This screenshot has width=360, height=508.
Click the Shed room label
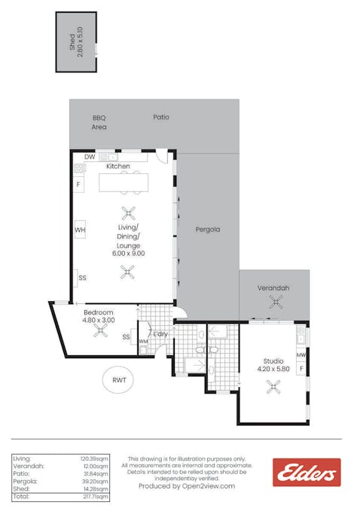click(72, 42)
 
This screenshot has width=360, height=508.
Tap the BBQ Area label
click(99, 123)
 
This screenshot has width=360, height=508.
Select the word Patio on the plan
click(161, 117)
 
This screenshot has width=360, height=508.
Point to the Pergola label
click(208, 230)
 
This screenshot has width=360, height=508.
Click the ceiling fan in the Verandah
click(276, 303)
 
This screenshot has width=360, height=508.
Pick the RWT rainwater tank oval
click(118, 379)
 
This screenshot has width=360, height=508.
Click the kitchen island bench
click(124, 183)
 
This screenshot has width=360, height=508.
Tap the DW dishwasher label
click(90, 157)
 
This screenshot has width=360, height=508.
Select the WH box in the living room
click(80, 230)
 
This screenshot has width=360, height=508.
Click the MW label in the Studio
click(301, 355)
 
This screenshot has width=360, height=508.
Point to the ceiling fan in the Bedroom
click(100, 331)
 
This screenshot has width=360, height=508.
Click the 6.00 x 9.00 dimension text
click(129, 254)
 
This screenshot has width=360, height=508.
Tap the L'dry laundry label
click(160, 333)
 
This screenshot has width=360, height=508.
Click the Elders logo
click(307, 473)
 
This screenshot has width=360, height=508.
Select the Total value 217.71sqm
click(96, 497)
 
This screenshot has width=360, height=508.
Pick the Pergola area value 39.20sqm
click(95, 482)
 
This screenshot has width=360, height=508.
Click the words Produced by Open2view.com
click(187, 486)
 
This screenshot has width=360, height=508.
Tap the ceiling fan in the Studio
click(273, 387)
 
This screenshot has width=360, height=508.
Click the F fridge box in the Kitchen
click(78, 184)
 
